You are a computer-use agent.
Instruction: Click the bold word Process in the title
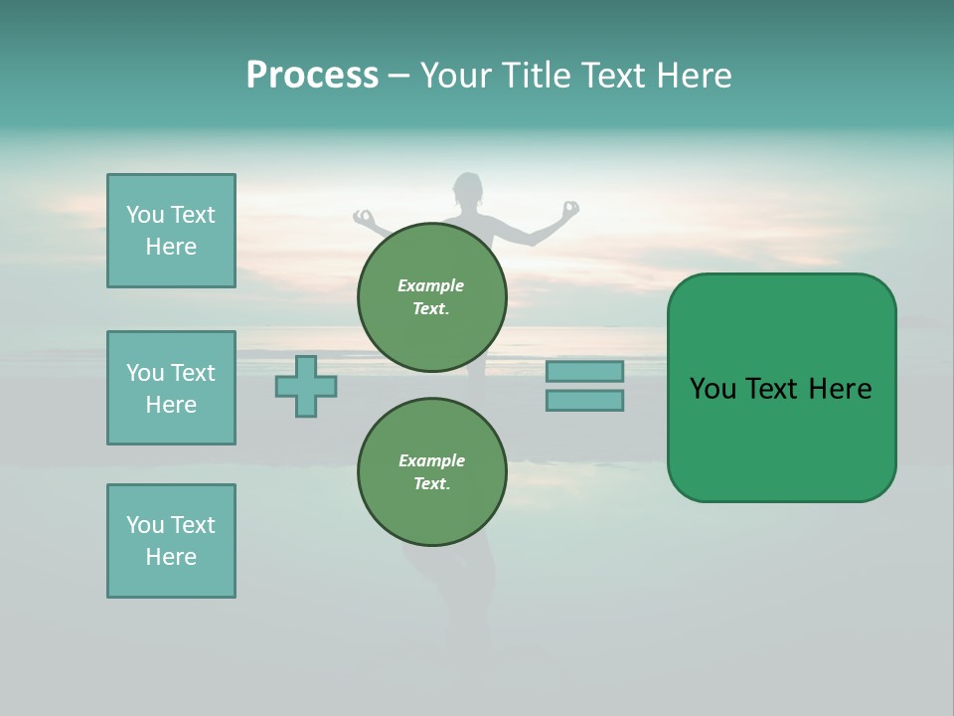312,76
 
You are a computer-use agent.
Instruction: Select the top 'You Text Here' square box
171,231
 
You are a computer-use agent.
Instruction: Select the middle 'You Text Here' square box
171,388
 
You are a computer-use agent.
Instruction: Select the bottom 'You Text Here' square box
171,541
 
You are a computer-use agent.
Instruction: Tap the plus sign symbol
306,386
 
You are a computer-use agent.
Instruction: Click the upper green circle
432,296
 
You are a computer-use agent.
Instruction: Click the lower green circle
432,471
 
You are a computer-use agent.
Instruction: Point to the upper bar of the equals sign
584,371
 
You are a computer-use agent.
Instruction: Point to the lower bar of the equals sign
584,400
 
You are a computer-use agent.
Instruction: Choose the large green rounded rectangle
781,388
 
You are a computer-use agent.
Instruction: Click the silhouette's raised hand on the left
364,216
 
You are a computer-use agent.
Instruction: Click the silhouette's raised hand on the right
570,209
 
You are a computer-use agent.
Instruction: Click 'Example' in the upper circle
431,285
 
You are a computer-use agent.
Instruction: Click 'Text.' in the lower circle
431,484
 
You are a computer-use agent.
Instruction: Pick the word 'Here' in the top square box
171,247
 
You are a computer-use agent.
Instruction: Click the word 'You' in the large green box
713,389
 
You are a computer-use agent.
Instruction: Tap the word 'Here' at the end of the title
695,76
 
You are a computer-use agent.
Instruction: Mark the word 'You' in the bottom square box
144,525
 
